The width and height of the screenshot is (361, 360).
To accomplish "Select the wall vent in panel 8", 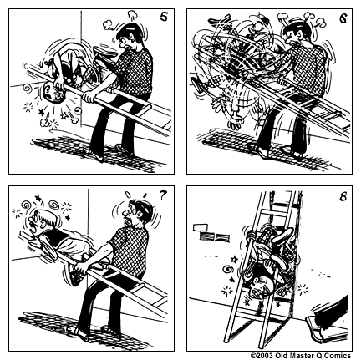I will tap(201, 226).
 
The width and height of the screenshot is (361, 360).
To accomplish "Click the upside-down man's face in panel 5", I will tap(53, 101).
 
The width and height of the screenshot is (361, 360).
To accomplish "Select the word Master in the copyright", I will tap(300, 355).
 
